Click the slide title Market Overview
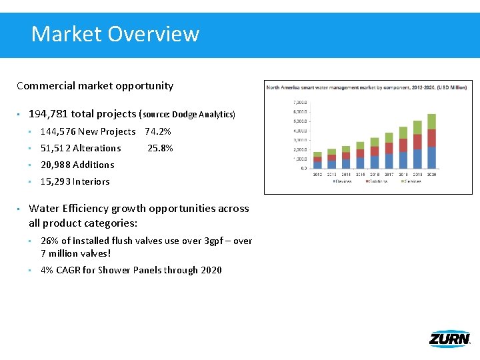tap(115, 33)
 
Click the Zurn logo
tap(449, 339)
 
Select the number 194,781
tap(47, 114)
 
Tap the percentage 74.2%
tap(158, 131)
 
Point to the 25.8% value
tap(160, 148)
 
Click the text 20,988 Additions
tap(77, 165)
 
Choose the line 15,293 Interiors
tap(75, 181)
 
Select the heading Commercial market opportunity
tap(95, 85)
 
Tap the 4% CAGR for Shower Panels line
tap(131, 270)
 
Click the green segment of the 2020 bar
tap(431, 121)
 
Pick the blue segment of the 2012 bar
tap(317, 165)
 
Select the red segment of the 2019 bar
tap(417, 141)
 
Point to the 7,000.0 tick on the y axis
tap(300, 103)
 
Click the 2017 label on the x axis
tap(389, 174)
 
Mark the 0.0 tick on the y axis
tap(303, 168)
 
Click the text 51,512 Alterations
tap(81, 148)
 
